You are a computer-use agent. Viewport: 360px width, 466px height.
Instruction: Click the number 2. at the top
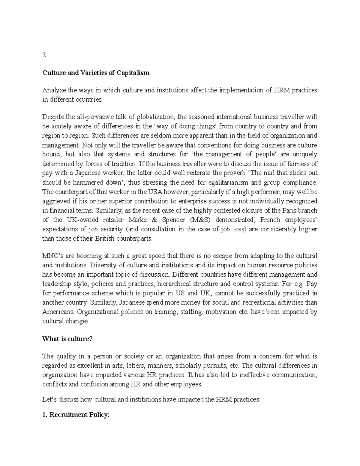pos(45,55)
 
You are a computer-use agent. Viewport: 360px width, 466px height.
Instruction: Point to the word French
pos(270,220)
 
